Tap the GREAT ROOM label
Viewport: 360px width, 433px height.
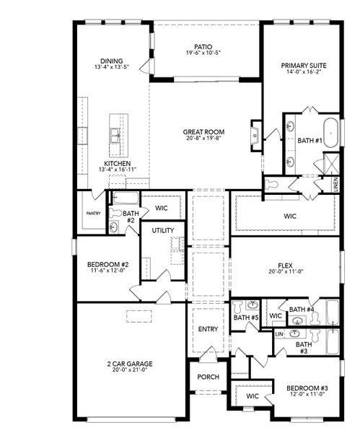click(x=203, y=132)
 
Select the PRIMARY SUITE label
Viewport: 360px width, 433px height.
click(x=304, y=66)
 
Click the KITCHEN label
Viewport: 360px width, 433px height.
click(x=117, y=164)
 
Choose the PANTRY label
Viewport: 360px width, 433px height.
click(x=93, y=214)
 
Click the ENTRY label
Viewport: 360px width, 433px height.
click(x=208, y=330)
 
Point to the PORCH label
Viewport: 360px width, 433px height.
click(x=208, y=377)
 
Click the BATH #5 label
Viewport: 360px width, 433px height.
click(x=245, y=318)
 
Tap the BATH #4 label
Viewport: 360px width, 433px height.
click(x=302, y=310)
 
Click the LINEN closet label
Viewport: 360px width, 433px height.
click(x=336, y=184)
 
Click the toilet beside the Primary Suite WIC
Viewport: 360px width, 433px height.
click(x=272, y=185)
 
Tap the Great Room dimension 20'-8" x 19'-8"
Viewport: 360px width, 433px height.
click(x=203, y=140)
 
